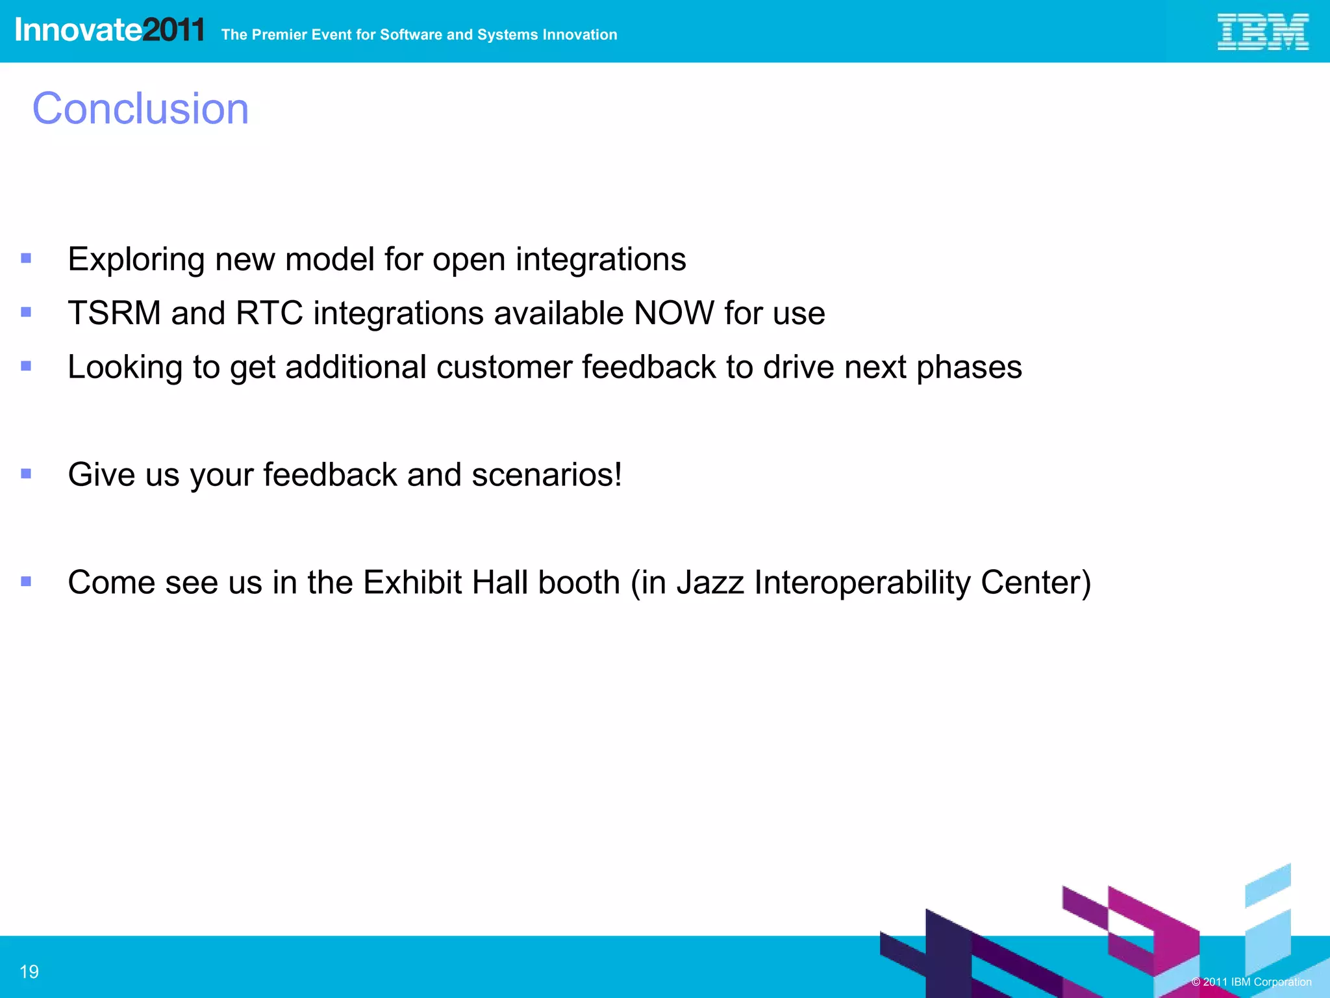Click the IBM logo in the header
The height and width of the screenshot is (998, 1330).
click(x=1262, y=32)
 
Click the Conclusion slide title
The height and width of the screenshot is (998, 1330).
click(x=140, y=109)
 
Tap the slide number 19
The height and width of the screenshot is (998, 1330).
click(x=29, y=971)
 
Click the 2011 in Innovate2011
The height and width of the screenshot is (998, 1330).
click(x=173, y=31)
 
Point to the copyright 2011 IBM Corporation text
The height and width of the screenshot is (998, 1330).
click(x=1251, y=982)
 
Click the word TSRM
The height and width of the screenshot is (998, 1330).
click(x=114, y=313)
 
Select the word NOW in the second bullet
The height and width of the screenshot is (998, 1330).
click(x=673, y=313)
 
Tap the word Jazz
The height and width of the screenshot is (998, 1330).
click(x=710, y=582)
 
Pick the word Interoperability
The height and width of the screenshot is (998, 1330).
click(x=862, y=583)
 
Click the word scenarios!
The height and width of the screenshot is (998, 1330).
click(x=547, y=475)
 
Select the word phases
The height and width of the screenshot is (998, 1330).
click(x=969, y=368)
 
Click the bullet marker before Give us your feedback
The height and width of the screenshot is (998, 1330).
click(x=26, y=474)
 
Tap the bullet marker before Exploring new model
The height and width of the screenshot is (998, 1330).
click(x=26, y=259)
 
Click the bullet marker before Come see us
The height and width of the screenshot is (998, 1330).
click(x=26, y=582)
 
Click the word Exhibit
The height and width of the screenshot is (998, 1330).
click(x=412, y=582)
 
